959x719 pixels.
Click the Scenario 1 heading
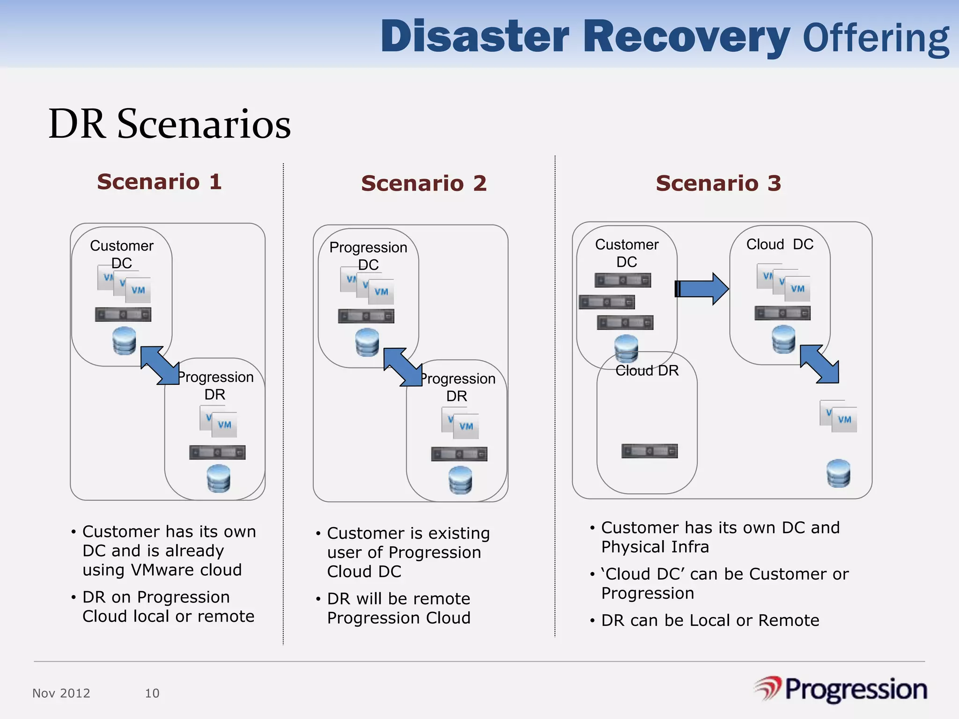159,182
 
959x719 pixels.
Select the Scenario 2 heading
424,183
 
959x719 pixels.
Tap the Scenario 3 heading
718,183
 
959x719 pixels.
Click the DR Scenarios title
170,124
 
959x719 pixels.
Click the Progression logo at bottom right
841,690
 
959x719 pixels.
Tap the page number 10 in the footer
152,693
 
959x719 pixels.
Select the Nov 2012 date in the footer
61,693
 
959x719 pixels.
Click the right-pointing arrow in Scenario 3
701,289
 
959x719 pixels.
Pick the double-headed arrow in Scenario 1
160,366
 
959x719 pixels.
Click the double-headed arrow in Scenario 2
403,367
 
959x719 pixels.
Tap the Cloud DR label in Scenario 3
647,371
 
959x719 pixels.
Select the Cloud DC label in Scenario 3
780,244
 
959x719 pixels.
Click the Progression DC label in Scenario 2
368,256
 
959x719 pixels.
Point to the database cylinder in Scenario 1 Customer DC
125,341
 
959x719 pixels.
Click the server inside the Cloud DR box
649,451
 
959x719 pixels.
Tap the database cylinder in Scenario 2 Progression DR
460,480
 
